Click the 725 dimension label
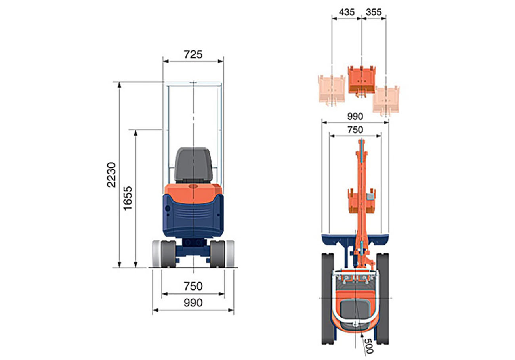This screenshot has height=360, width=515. click(193, 55)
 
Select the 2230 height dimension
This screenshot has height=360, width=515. click(111, 175)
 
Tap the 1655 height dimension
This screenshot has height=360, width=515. click(128, 198)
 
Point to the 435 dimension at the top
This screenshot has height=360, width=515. click(347, 12)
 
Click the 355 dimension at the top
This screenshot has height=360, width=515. click(374, 12)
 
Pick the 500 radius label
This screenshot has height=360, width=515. click(368, 346)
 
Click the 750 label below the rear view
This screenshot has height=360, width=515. click(193, 286)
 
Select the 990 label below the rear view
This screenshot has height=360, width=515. click(193, 303)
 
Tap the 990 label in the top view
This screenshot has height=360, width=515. click(355, 117)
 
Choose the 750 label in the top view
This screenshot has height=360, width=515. click(355, 130)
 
